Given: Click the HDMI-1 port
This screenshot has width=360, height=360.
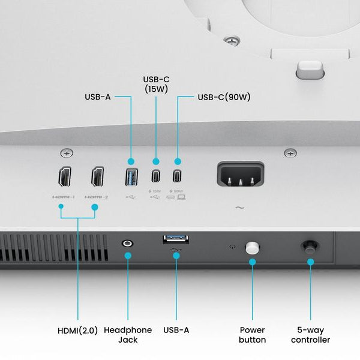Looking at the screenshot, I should click(x=64, y=178).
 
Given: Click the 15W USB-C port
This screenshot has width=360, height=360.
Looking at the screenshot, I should click(x=156, y=177).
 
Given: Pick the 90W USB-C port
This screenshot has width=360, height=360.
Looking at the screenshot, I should click(x=177, y=177).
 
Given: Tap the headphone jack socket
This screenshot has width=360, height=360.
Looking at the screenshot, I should click(x=127, y=243).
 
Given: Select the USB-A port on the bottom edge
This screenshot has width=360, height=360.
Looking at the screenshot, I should click(x=176, y=240).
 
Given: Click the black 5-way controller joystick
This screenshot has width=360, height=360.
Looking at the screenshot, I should click(x=310, y=246).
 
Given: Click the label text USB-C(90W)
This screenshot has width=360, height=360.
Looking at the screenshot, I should click(x=224, y=96).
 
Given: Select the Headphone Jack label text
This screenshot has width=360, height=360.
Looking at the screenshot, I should click(x=128, y=335).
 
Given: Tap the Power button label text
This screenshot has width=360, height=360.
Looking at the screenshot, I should click(x=253, y=335).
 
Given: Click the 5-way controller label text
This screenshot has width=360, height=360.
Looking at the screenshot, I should click(x=310, y=335).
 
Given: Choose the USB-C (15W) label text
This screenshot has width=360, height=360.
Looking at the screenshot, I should click(x=156, y=84).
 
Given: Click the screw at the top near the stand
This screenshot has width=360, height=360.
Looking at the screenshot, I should click(x=231, y=41).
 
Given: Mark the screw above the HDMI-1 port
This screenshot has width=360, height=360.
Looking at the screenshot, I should click(x=65, y=153).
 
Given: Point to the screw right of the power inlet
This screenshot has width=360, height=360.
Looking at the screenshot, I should click(x=290, y=153).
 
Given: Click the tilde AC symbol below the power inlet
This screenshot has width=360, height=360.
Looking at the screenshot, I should click(x=240, y=208).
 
